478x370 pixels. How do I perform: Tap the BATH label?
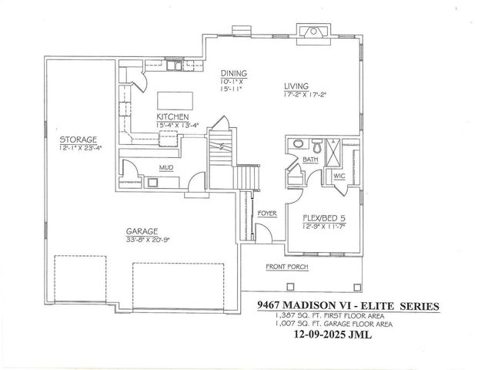[x=310, y=160]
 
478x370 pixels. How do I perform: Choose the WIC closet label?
[x=339, y=176]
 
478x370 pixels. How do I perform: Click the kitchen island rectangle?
[x=173, y=101]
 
